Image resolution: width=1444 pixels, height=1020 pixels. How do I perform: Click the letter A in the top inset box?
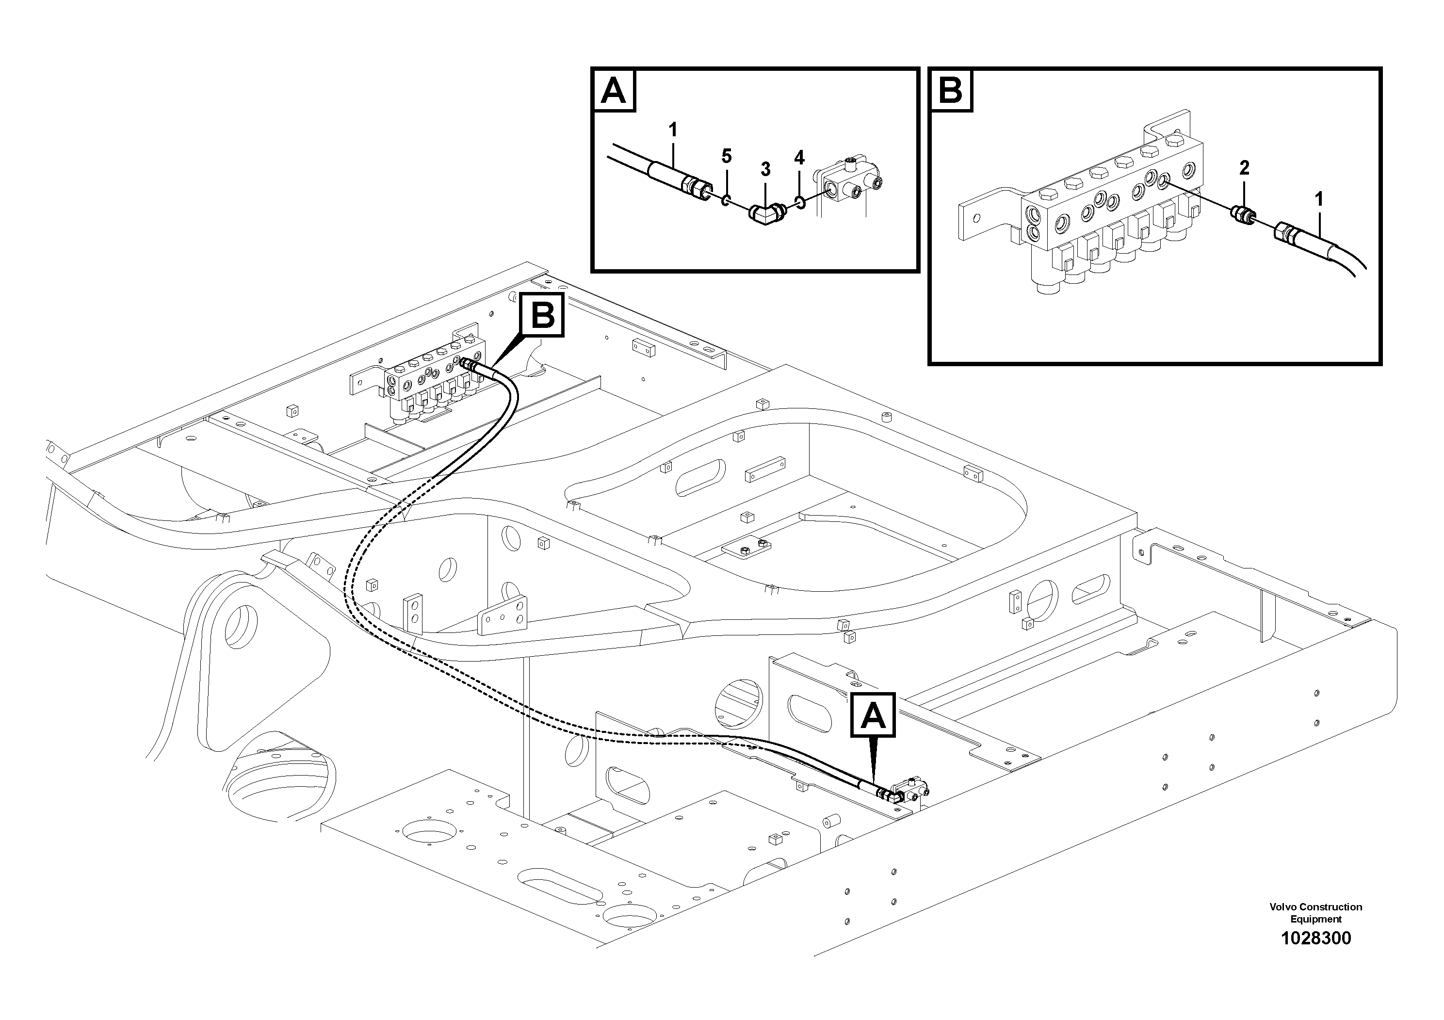coord(613,91)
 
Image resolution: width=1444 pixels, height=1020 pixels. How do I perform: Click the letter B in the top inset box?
coord(950,91)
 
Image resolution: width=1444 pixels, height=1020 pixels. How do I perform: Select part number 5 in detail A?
coord(727,157)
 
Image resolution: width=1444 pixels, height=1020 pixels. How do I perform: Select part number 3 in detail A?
coord(765,169)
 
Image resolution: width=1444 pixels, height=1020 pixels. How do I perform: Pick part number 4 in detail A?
coord(799,158)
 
